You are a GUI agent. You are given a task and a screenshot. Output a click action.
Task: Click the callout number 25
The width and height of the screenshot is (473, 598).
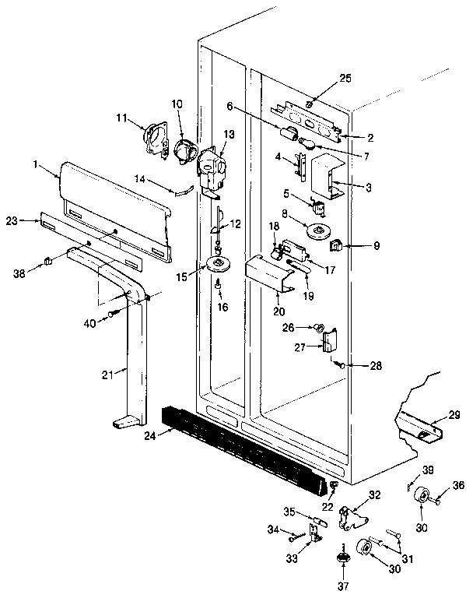[x=346, y=79]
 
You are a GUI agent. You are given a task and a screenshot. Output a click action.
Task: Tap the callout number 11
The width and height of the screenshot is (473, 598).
[x=121, y=117]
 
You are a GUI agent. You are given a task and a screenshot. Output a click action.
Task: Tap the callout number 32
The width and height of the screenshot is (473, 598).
[x=375, y=494]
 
